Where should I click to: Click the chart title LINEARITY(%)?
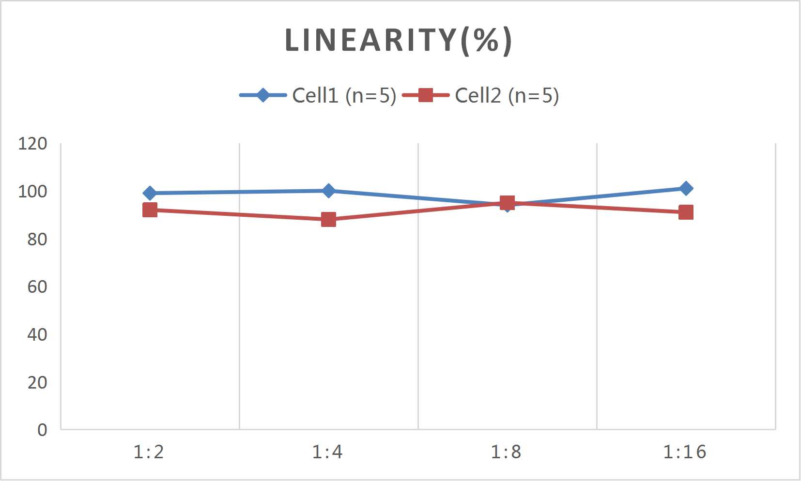(398, 41)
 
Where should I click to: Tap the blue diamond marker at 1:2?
(150, 193)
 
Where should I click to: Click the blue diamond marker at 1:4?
(328, 191)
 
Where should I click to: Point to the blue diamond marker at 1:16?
(686, 188)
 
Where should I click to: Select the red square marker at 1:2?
(150, 210)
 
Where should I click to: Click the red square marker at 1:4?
(328, 220)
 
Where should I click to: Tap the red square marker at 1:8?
(507, 203)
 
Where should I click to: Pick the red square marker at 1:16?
(686, 212)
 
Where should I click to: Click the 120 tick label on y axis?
(32, 144)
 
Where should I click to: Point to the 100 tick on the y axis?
(32, 192)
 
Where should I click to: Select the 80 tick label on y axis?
(37, 239)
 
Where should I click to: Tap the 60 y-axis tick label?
(37, 287)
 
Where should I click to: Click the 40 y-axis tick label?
(37, 334)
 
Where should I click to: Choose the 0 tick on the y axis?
(42, 430)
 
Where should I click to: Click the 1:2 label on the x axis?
(149, 452)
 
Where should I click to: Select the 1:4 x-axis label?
(327, 452)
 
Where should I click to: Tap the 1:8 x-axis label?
(506, 452)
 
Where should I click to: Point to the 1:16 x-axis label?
(685, 452)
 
